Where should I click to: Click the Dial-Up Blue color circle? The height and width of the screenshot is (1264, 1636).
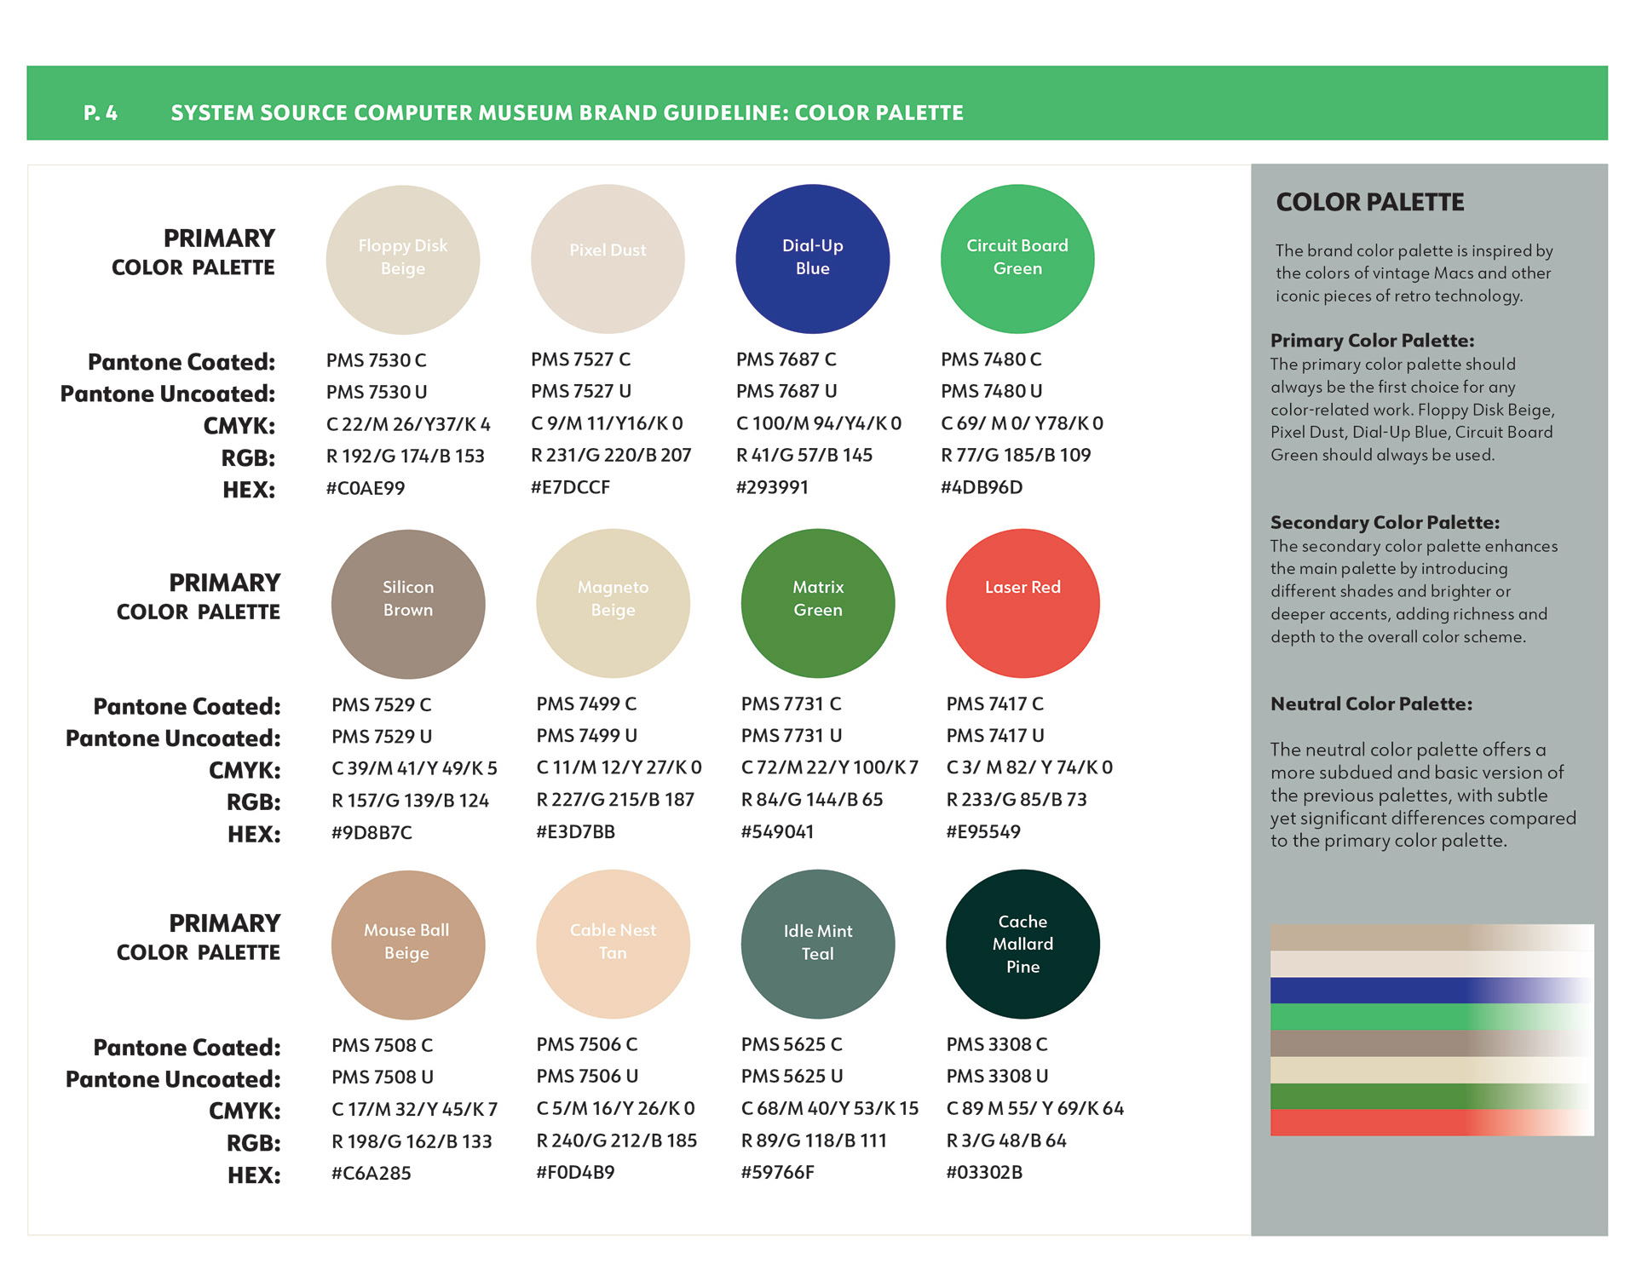tap(812, 258)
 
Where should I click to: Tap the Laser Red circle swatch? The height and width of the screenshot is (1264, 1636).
tap(1022, 603)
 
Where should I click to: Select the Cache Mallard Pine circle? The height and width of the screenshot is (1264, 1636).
tap(1022, 944)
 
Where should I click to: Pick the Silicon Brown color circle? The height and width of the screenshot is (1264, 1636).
tap(408, 603)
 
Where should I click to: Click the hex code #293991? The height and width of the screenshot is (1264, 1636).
tap(772, 487)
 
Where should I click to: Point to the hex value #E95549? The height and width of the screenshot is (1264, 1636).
tap(982, 831)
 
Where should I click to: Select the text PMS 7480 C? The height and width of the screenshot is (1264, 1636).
tap(991, 359)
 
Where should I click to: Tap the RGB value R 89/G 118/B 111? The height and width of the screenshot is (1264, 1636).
tap(814, 1140)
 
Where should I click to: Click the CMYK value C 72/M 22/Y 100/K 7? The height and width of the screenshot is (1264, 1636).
tap(829, 767)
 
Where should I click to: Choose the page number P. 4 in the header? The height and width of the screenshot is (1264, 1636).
tap(101, 112)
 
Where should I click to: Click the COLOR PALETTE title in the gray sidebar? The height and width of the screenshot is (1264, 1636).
tap(1370, 202)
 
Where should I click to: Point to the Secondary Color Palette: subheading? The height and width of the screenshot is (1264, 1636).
tap(1385, 522)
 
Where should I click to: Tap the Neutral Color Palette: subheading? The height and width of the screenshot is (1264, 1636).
tap(1371, 704)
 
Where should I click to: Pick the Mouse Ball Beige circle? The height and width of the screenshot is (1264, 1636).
tap(408, 944)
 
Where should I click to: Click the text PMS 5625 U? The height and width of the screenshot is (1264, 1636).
tap(792, 1076)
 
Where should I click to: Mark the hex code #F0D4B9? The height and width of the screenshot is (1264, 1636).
tap(575, 1172)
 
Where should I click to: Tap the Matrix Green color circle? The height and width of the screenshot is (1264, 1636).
tap(818, 603)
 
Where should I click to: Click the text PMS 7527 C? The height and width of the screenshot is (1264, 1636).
tap(580, 359)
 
